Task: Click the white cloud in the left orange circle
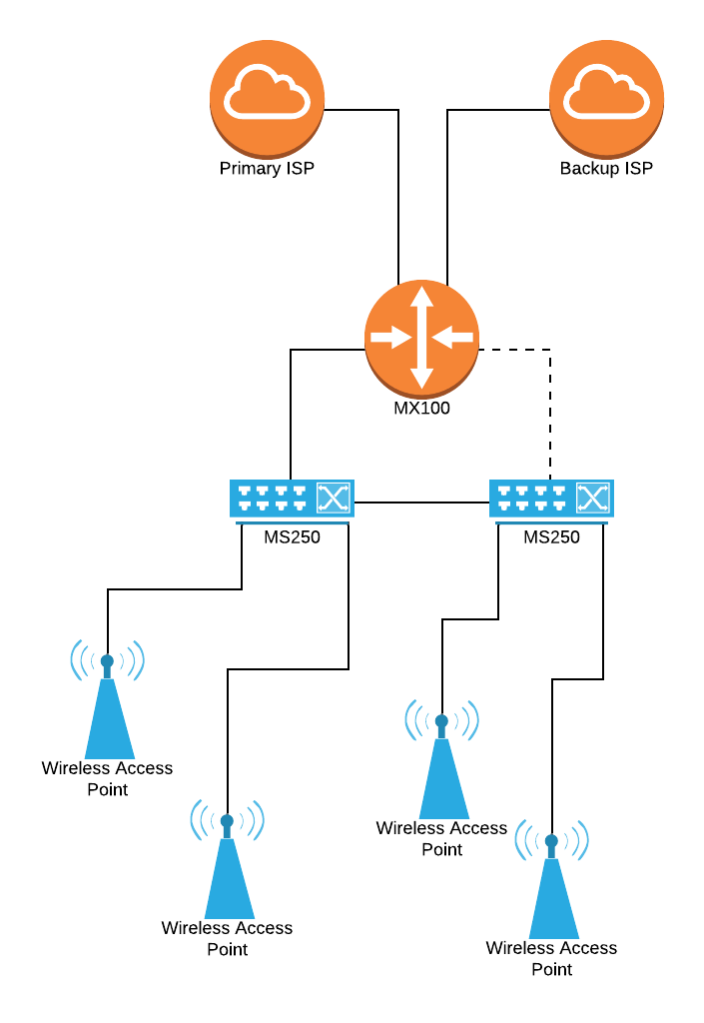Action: tap(267, 93)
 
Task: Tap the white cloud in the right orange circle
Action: tap(606, 93)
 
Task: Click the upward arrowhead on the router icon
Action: tap(421, 297)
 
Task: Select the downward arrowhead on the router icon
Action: tap(421, 379)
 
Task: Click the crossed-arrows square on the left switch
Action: tap(333, 498)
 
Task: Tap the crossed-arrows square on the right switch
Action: tap(592, 498)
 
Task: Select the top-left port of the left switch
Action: tap(245, 491)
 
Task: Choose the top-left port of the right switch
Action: tap(504, 491)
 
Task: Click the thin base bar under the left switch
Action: tap(292, 522)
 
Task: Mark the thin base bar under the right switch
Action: tap(551, 522)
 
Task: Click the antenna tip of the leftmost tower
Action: tap(107, 661)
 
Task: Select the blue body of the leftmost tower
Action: tap(109, 724)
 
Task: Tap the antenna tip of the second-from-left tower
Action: tap(227, 821)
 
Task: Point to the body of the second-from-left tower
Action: tap(229, 884)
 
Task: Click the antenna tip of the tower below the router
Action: tap(441, 721)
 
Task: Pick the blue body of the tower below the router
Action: tap(443, 784)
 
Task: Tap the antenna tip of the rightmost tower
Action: tap(551, 841)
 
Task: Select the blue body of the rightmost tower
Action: tap(553, 904)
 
